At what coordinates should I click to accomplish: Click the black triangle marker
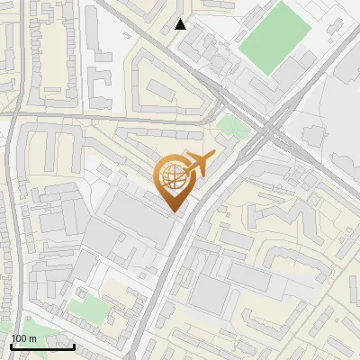181,24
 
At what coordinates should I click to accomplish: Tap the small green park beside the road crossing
230,125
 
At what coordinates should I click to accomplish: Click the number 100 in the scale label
18,337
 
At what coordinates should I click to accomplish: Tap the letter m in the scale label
31,337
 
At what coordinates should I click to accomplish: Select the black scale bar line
41,346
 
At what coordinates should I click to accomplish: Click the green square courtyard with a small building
87,309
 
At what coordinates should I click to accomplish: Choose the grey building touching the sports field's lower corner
261,86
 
